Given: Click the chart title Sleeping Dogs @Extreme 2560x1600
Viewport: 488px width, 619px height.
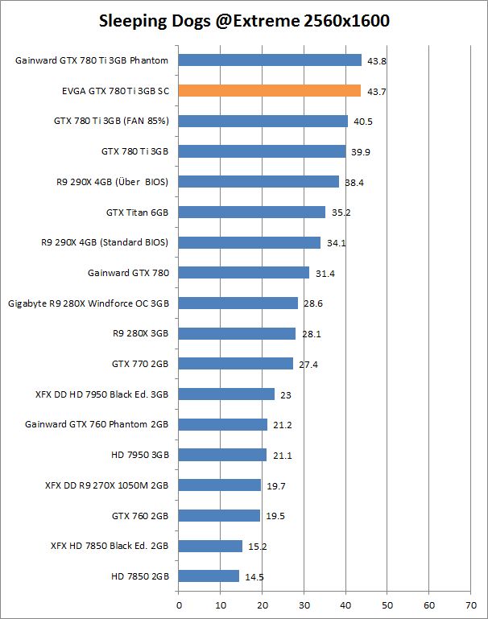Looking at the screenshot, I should pyautogui.click(x=244, y=22).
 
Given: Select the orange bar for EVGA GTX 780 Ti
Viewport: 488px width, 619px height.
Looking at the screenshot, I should pyautogui.click(x=269, y=90).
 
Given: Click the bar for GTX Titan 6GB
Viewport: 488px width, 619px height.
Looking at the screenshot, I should pyautogui.click(x=251, y=212).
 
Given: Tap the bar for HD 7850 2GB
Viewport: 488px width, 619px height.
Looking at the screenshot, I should pyautogui.click(x=209, y=576).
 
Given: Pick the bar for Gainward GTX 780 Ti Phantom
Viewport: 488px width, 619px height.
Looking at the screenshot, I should pyautogui.click(x=270, y=60).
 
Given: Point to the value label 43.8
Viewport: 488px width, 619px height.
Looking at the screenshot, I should pyautogui.click(x=377, y=60).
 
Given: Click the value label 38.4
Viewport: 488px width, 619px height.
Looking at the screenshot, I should pyautogui.click(x=354, y=183).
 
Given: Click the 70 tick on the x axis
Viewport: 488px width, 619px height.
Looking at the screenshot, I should pyautogui.click(x=471, y=602).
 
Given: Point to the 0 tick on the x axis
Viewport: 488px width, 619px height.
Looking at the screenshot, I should pyautogui.click(x=179, y=602).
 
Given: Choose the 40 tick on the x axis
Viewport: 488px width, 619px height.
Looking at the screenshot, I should pyautogui.click(x=345, y=602).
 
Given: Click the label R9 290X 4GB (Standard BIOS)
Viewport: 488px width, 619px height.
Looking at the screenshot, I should pyautogui.click(x=105, y=242).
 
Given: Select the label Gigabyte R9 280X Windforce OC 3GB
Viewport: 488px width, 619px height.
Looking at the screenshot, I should pyautogui.click(x=89, y=303).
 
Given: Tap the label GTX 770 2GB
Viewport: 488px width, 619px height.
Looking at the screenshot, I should pyautogui.click(x=140, y=364).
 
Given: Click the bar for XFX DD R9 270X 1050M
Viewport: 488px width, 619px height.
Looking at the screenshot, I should pyautogui.click(x=219, y=485).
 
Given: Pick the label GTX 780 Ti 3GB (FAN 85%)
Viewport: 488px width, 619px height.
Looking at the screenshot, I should pyautogui.click(x=111, y=121).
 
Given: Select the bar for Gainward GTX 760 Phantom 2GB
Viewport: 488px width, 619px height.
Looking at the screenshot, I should pyautogui.click(x=222, y=424).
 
